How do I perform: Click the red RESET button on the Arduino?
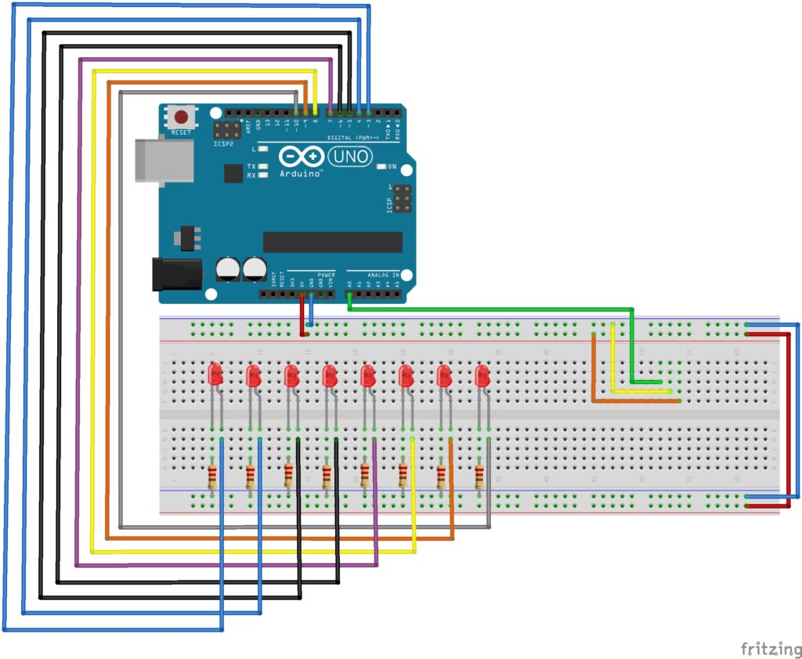point(182,118)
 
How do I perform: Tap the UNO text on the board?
point(350,158)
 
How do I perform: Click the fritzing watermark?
point(771,648)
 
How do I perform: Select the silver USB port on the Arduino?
point(164,161)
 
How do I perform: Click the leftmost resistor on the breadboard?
point(213,476)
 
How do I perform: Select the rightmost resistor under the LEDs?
point(479,476)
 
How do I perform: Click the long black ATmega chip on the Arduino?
point(332,242)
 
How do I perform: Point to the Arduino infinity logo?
point(300,158)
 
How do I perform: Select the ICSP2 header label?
point(224,144)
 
